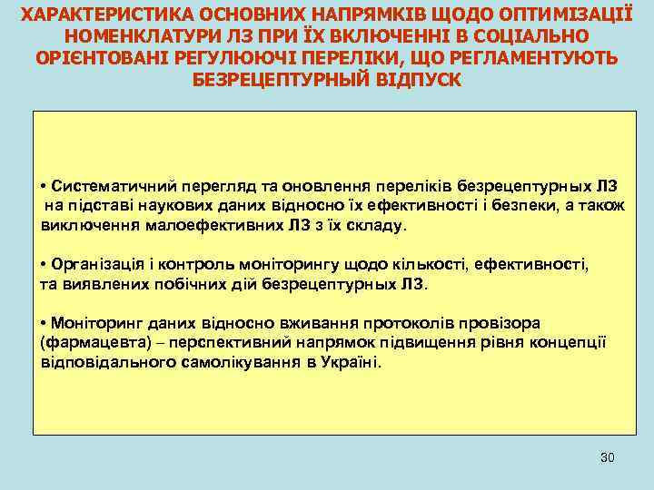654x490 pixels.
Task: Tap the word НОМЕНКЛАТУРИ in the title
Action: (x=136, y=36)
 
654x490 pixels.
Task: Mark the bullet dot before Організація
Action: (x=45, y=266)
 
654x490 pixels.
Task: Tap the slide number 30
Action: (x=608, y=456)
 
